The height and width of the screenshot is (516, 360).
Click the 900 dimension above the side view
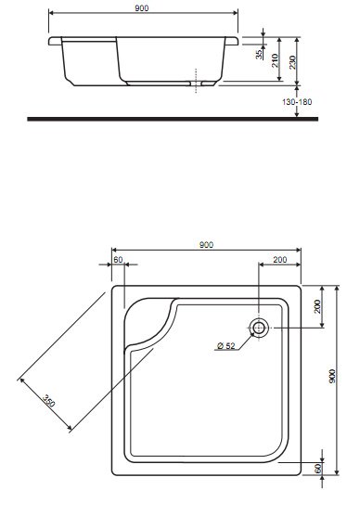(x=142, y=8)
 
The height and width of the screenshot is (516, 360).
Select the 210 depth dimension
(x=275, y=60)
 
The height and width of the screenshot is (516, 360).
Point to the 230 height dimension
(x=292, y=62)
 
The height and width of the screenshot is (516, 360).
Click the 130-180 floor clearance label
(x=297, y=102)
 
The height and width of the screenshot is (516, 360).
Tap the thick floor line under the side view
(x=173, y=119)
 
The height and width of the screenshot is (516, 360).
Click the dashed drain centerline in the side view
(x=196, y=81)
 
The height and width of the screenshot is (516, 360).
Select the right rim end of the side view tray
(x=232, y=41)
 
